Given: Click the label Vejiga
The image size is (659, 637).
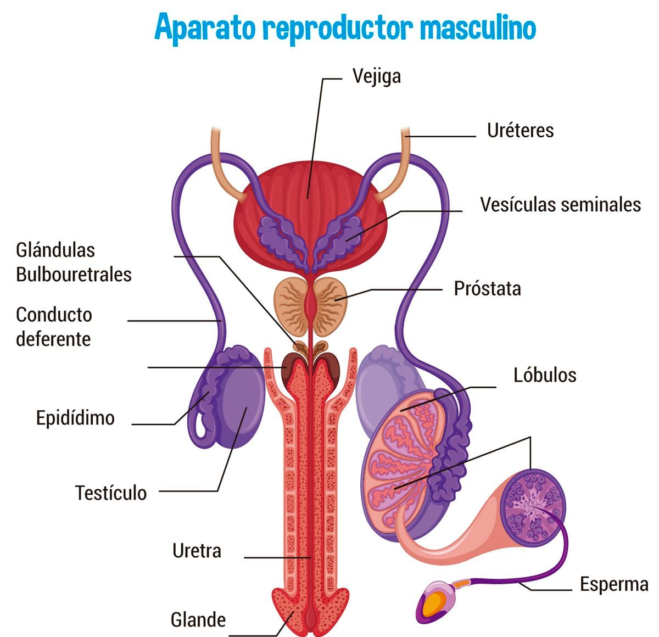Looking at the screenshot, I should click(376, 76).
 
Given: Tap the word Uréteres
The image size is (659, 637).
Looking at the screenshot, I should click(520, 131).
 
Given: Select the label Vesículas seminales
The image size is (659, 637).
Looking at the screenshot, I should click(560, 205).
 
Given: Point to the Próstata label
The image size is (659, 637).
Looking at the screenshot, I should click(487, 289).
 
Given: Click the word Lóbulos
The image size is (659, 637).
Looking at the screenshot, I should click(545, 375).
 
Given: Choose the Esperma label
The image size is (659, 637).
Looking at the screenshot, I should click(614, 584).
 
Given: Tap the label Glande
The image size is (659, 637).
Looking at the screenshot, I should click(198, 620).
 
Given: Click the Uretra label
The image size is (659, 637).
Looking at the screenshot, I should click(197, 551).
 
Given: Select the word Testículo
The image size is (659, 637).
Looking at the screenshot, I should click(111, 493).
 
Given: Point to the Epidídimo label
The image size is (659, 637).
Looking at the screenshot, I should click(75, 418).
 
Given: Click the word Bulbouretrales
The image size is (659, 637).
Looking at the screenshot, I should click(74, 274).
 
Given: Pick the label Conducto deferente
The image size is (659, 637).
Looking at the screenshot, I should click(54, 327).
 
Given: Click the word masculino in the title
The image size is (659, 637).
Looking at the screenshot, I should click(478, 27).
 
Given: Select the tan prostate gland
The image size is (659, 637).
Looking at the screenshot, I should click(291, 305).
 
